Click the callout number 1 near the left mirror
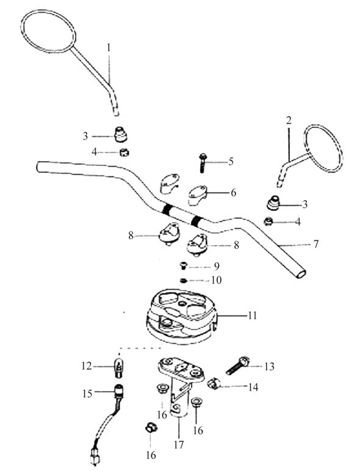coord(109,48)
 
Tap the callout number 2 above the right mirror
coord(289,120)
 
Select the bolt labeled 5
coord(202,163)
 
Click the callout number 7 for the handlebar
coord(315,243)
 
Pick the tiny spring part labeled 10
coord(183,281)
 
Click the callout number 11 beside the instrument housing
coord(252,316)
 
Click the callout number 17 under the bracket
coord(179,445)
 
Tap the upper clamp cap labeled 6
coord(197,193)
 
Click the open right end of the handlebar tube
coord(300,273)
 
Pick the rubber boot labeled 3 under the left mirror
coord(120,135)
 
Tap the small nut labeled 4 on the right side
coord(268,222)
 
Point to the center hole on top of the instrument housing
coord(182,304)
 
